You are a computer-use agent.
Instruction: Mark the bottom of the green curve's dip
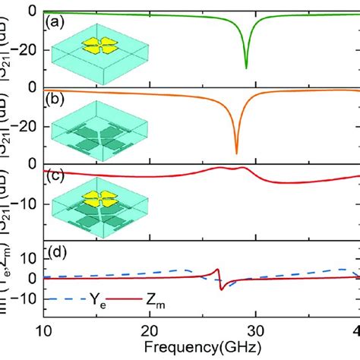coord(246,68)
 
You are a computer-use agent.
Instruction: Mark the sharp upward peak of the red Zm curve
coord(218,270)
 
